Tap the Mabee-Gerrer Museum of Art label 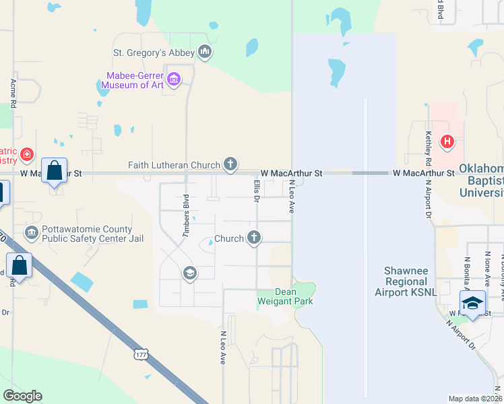pyautogui.click(x=136, y=80)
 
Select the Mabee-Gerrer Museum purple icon pyautogui.click(x=174, y=80)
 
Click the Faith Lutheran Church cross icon pyautogui.click(x=230, y=164)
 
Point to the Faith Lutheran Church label pyautogui.click(x=175, y=165)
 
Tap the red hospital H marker pyautogui.click(x=446, y=141)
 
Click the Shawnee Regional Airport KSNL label pyautogui.click(x=406, y=281)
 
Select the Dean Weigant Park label pyautogui.click(x=285, y=296)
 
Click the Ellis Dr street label pyautogui.click(x=257, y=191)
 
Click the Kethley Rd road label pyautogui.click(x=427, y=149)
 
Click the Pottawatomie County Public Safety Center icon pyautogui.click(x=31, y=233)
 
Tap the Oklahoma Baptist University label pyautogui.click(x=481, y=180)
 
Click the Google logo pyautogui.click(x=22, y=395)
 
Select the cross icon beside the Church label pyautogui.click(x=254, y=237)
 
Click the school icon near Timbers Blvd pyautogui.click(x=189, y=273)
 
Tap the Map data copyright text pyautogui.click(x=475, y=399)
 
